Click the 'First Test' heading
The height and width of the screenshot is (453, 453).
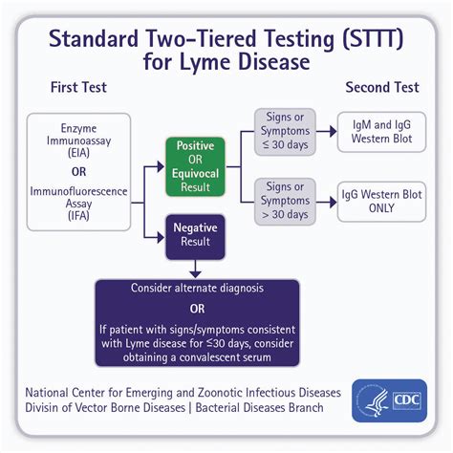point(78,87)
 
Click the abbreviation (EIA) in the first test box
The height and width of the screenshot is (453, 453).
point(78,153)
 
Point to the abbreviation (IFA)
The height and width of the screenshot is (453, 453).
point(78,217)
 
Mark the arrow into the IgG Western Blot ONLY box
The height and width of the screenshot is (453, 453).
point(332,201)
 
